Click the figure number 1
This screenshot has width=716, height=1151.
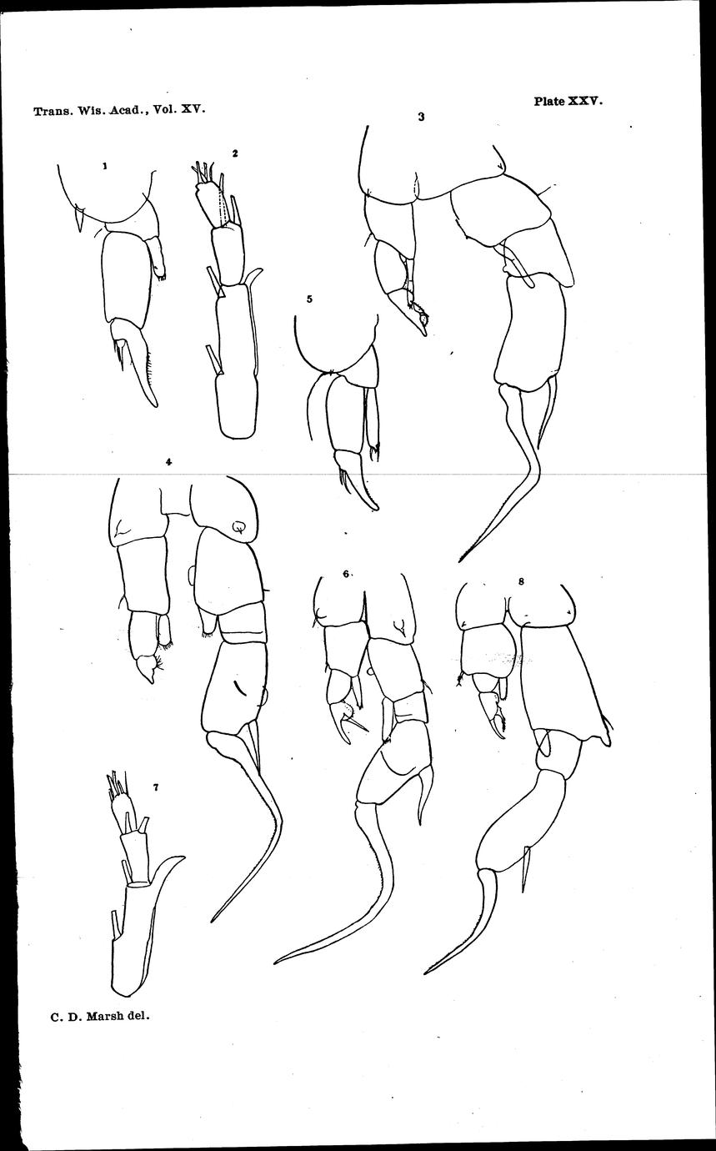point(104,166)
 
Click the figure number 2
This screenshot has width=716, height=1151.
point(235,153)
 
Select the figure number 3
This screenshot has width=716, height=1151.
point(421,117)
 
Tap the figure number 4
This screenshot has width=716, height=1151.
point(168,462)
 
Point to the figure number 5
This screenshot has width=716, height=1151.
point(309,299)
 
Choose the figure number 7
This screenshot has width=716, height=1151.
point(156,787)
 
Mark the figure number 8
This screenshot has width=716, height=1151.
point(521,581)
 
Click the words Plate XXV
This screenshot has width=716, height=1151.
point(568,101)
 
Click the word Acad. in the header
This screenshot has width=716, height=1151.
point(127,110)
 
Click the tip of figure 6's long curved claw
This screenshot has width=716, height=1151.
point(275,962)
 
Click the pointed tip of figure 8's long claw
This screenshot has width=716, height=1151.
point(425,973)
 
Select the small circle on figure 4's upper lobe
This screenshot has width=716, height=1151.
point(238,527)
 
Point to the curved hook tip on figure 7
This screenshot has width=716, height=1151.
point(184,857)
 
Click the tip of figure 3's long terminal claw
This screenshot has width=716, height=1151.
point(460,561)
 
